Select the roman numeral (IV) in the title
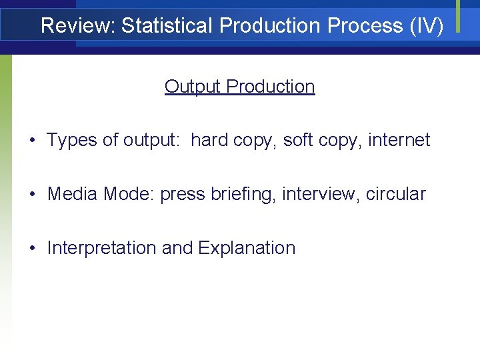pyautogui.click(x=426, y=26)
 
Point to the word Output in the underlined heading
pyautogui.click(x=193, y=87)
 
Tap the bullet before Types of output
pyautogui.click(x=32, y=141)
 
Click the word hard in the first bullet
pyautogui.click(x=209, y=141)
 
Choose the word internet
pyautogui.click(x=399, y=141)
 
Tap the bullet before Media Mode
pyautogui.click(x=32, y=195)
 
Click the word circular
pyautogui.click(x=396, y=195)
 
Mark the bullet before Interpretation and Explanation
pyautogui.click(x=32, y=249)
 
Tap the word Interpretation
pyautogui.click(x=102, y=249)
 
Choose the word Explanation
pyautogui.click(x=247, y=249)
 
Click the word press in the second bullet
pyautogui.click(x=183, y=195)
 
